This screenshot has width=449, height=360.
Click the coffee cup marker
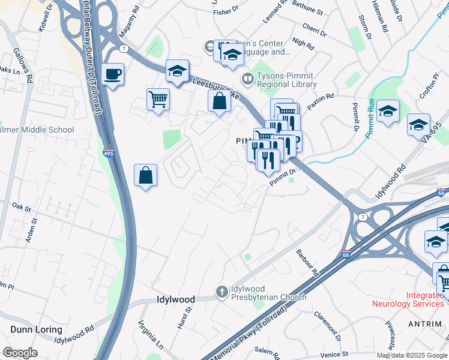point(112,75)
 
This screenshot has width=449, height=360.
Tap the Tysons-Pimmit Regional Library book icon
point(247,79)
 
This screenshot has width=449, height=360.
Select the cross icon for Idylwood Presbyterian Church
point(221,292)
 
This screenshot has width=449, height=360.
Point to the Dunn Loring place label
point(35,329)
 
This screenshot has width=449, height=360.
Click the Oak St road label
point(21,207)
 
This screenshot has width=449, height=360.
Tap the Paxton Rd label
point(320,98)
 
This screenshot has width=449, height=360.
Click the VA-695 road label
point(435,134)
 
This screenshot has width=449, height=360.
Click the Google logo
point(20,352)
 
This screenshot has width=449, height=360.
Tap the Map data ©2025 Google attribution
point(411,355)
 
